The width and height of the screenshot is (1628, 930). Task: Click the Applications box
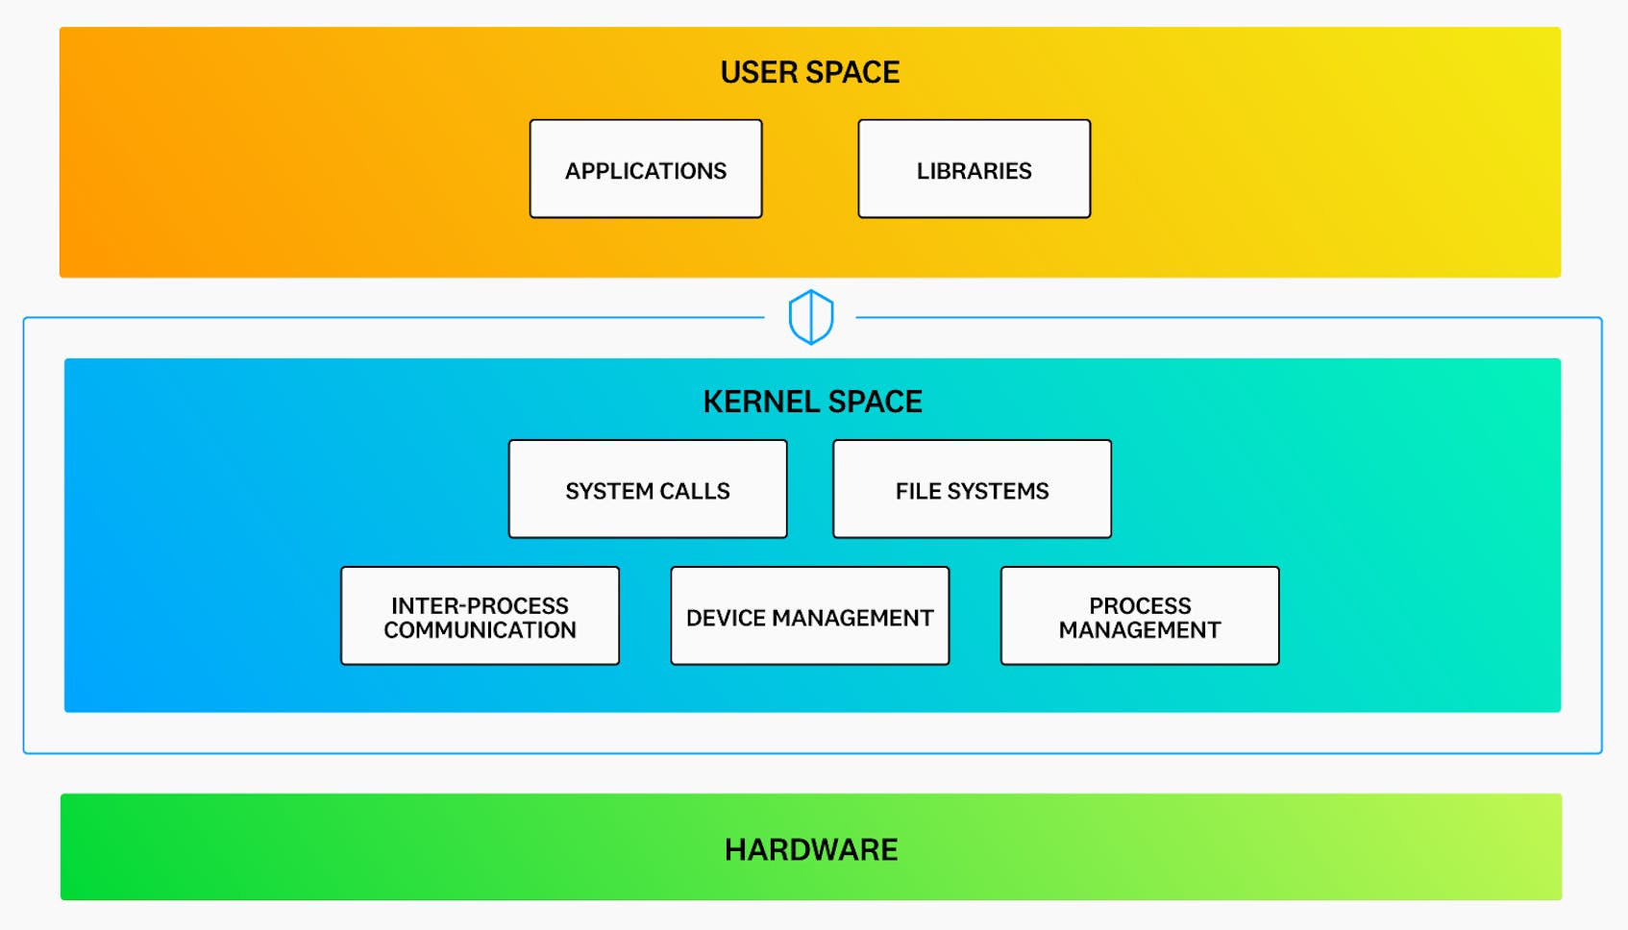[x=646, y=168]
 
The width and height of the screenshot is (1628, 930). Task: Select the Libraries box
[x=974, y=168]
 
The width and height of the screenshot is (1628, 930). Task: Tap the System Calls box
[x=648, y=489]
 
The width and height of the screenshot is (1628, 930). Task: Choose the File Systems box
[x=972, y=489]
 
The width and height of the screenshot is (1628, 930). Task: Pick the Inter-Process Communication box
[x=480, y=616]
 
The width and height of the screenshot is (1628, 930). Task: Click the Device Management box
[x=809, y=616]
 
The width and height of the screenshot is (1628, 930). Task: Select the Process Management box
[x=1140, y=616]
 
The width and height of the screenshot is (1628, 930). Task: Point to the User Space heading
[x=809, y=72]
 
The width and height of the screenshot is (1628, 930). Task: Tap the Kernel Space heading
[x=812, y=402]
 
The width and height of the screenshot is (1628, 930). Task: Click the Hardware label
[x=811, y=849]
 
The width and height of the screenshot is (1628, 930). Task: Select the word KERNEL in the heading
[x=760, y=402]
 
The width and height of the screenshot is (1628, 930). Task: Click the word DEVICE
[x=726, y=618]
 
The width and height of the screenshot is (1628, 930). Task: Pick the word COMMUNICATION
[x=480, y=630]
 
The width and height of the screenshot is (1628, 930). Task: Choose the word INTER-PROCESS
[x=480, y=605]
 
